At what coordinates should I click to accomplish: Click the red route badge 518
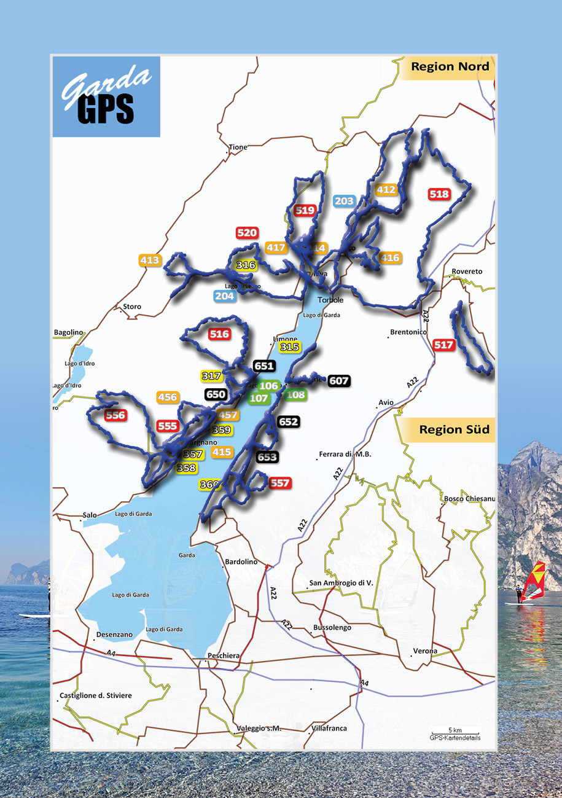440,194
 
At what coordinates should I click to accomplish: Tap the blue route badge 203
345,201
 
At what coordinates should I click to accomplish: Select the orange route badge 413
150,260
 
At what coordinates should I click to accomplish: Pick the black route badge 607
339,381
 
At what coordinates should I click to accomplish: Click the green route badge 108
296,394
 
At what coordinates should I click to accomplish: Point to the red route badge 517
443,345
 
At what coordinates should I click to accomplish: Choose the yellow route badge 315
289,348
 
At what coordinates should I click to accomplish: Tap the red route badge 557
279,483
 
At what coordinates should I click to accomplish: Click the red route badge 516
219,335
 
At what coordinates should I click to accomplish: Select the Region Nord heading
450,67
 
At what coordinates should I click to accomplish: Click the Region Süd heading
453,429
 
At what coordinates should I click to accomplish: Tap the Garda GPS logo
106,96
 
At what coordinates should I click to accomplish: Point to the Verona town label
425,651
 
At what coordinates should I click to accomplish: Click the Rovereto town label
467,272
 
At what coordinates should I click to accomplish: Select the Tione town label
238,147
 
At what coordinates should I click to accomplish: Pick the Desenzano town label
114,634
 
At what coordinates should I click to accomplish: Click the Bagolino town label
68,332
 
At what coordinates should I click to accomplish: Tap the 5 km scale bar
455,732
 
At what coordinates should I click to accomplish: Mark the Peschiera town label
224,655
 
